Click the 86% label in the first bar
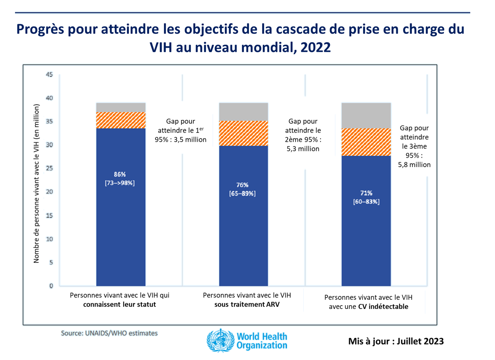pyautogui.click(x=120, y=174)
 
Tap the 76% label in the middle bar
pyautogui.click(x=242, y=185)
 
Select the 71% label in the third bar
pyautogui.click(x=366, y=193)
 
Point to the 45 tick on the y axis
pyautogui.click(x=49, y=75)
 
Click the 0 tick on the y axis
pyautogui.click(x=51, y=286)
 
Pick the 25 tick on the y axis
pyautogui.click(x=49, y=168)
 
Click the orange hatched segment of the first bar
pyautogui.click(x=121, y=120)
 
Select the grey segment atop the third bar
pyautogui.click(x=366, y=115)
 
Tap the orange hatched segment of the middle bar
pyautogui.click(x=243, y=133)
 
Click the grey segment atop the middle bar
pyautogui.click(x=243, y=111)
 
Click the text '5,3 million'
pyautogui.click(x=303, y=149)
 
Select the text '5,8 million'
pyautogui.click(x=414, y=165)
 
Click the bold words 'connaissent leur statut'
pyautogui.click(x=119, y=305)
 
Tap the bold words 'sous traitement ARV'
pyautogui.click(x=247, y=305)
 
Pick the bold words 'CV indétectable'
pyautogui.click(x=383, y=306)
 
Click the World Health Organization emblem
pyautogui.click(x=220, y=340)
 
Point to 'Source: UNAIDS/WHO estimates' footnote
pyautogui.click(x=109, y=333)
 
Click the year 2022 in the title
pyautogui.click(x=315, y=47)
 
